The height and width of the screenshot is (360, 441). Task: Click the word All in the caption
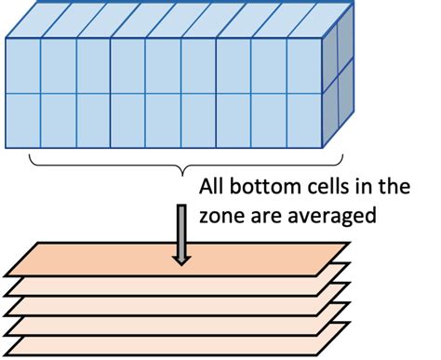213,187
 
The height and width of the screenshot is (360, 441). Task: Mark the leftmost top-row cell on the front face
23,65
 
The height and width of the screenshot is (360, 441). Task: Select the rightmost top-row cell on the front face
305,65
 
